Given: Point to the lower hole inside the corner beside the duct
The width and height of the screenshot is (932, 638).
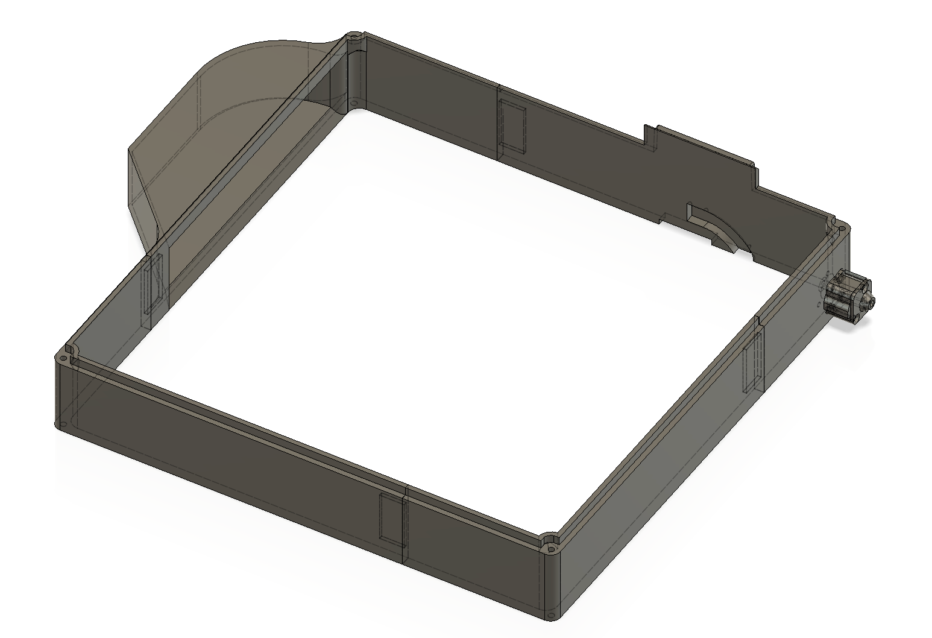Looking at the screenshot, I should coord(354,104).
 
